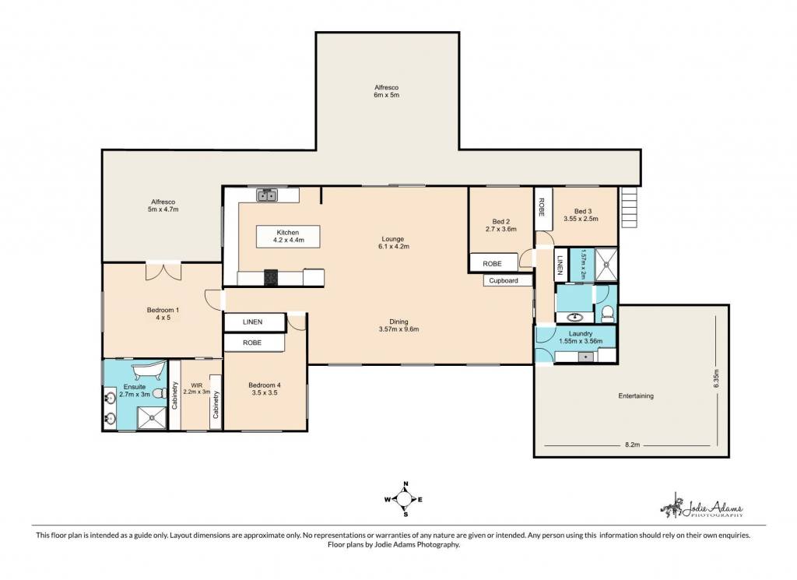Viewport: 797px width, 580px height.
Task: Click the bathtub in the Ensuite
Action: [x=149, y=371]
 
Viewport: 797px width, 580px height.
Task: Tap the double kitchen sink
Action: [x=266, y=195]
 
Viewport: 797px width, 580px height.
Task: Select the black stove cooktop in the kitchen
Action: [x=271, y=277]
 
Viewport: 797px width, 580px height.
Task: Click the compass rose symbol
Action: [x=404, y=499]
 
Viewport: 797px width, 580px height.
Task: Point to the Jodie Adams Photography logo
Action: [x=701, y=505]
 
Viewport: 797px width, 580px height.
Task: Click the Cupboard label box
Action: [x=504, y=280]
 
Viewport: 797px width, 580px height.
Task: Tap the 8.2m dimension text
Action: [x=632, y=445]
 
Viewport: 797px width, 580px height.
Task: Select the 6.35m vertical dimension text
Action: [x=717, y=378]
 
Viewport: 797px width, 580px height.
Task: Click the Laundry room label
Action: [x=581, y=338]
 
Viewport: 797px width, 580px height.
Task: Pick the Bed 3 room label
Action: [x=581, y=215]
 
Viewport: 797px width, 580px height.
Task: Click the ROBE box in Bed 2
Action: [x=493, y=263]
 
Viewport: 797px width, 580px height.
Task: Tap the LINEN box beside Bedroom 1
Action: [x=253, y=322]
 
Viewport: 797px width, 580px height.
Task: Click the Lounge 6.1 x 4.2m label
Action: [x=393, y=242]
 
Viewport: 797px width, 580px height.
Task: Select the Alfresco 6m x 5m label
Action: [x=386, y=91]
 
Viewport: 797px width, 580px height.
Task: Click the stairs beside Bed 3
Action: [x=629, y=208]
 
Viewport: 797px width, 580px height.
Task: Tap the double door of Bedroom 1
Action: [x=163, y=271]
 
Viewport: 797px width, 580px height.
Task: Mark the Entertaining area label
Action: [x=636, y=396]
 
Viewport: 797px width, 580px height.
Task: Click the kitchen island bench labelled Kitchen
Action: [x=288, y=237]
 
